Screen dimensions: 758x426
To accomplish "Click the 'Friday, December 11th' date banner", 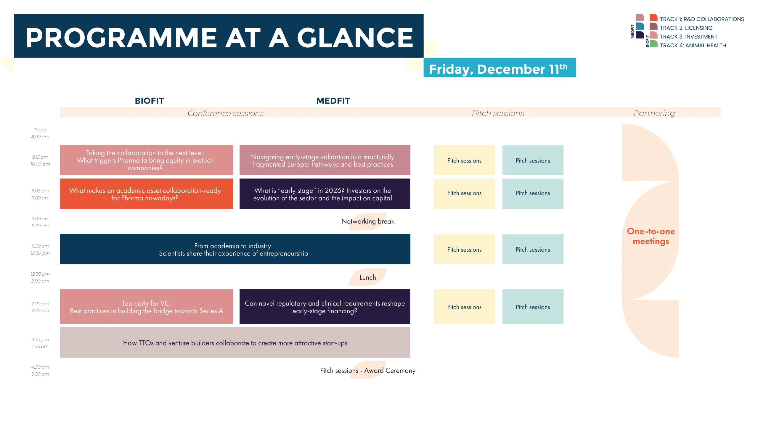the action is coord(500,67).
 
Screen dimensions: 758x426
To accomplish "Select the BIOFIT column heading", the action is coord(149,101).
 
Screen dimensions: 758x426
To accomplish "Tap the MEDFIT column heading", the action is coord(333,101).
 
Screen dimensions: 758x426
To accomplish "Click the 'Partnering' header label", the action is coord(654,113).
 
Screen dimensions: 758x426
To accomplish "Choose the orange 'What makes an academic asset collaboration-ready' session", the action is coord(147,194).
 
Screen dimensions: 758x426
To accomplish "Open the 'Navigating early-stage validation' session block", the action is coord(325,160).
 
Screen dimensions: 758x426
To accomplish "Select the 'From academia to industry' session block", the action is coord(235,249).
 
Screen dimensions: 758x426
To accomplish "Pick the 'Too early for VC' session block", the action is coord(147,307).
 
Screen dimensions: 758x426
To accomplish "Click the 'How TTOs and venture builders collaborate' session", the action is coord(235,343).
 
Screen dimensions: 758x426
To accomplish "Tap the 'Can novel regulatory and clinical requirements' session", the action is coord(325,307).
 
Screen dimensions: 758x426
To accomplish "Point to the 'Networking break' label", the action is coord(368,221).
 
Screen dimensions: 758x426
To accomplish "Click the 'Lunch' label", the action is coord(368,277).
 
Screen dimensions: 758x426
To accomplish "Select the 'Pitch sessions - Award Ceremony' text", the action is coord(368,371).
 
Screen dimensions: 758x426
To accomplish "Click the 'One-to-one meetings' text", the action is coord(651,236).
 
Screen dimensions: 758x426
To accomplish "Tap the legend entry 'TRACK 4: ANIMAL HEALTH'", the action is coord(693,46).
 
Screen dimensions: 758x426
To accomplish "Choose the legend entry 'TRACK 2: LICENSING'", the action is coord(686,28).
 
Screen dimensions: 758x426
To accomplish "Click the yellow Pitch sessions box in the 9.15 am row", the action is coord(464,160).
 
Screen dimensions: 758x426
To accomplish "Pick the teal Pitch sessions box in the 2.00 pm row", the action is coord(533,307).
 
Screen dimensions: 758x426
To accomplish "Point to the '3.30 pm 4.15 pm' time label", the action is coord(40,343).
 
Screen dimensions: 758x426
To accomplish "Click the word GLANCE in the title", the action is coord(355,38).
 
